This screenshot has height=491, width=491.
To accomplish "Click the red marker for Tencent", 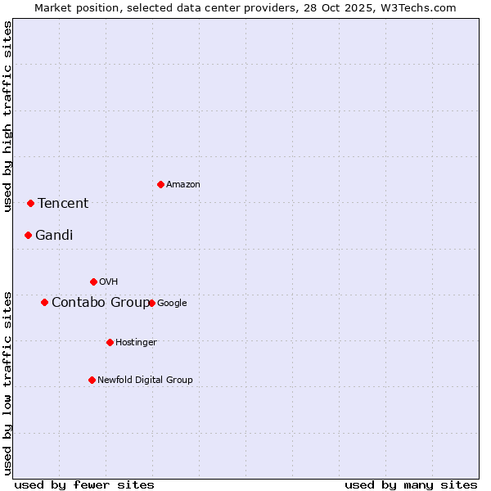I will click(x=30, y=203).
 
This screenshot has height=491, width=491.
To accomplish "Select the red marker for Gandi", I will click(x=28, y=235).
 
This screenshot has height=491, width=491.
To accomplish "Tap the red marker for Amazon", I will click(x=160, y=184).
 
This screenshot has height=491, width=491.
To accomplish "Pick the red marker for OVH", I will click(x=93, y=282).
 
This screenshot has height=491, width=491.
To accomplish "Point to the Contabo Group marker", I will click(x=44, y=302).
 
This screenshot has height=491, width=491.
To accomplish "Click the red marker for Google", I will click(x=151, y=303).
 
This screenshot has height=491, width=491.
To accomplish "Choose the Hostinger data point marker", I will click(x=110, y=342).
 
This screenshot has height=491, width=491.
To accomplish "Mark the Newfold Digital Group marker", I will click(x=92, y=380).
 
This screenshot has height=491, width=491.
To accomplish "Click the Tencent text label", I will click(x=63, y=203).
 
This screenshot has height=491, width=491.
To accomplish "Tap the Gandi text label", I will click(x=54, y=235).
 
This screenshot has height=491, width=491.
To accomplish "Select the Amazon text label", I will click(x=183, y=184).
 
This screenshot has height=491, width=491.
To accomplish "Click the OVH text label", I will click(x=109, y=282).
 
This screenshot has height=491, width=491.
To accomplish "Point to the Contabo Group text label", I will click(x=101, y=302).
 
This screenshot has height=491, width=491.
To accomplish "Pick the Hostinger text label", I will click(x=136, y=342).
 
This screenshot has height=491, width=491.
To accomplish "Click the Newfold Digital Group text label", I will click(x=145, y=380).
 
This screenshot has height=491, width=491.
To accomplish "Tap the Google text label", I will click(x=172, y=303).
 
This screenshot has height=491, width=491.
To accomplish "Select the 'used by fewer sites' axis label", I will click(x=84, y=484).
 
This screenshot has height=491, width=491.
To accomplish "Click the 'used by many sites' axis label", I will click(x=411, y=484).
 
